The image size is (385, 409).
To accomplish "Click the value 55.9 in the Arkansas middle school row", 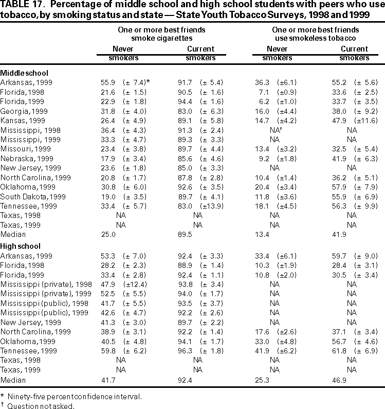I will (107, 82).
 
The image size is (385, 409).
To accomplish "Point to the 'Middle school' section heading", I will (25, 73).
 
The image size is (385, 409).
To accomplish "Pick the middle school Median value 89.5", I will (184, 234).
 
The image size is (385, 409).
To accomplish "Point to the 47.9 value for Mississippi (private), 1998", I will (107, 284).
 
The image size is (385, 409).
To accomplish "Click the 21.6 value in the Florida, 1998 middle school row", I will (107, 92).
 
